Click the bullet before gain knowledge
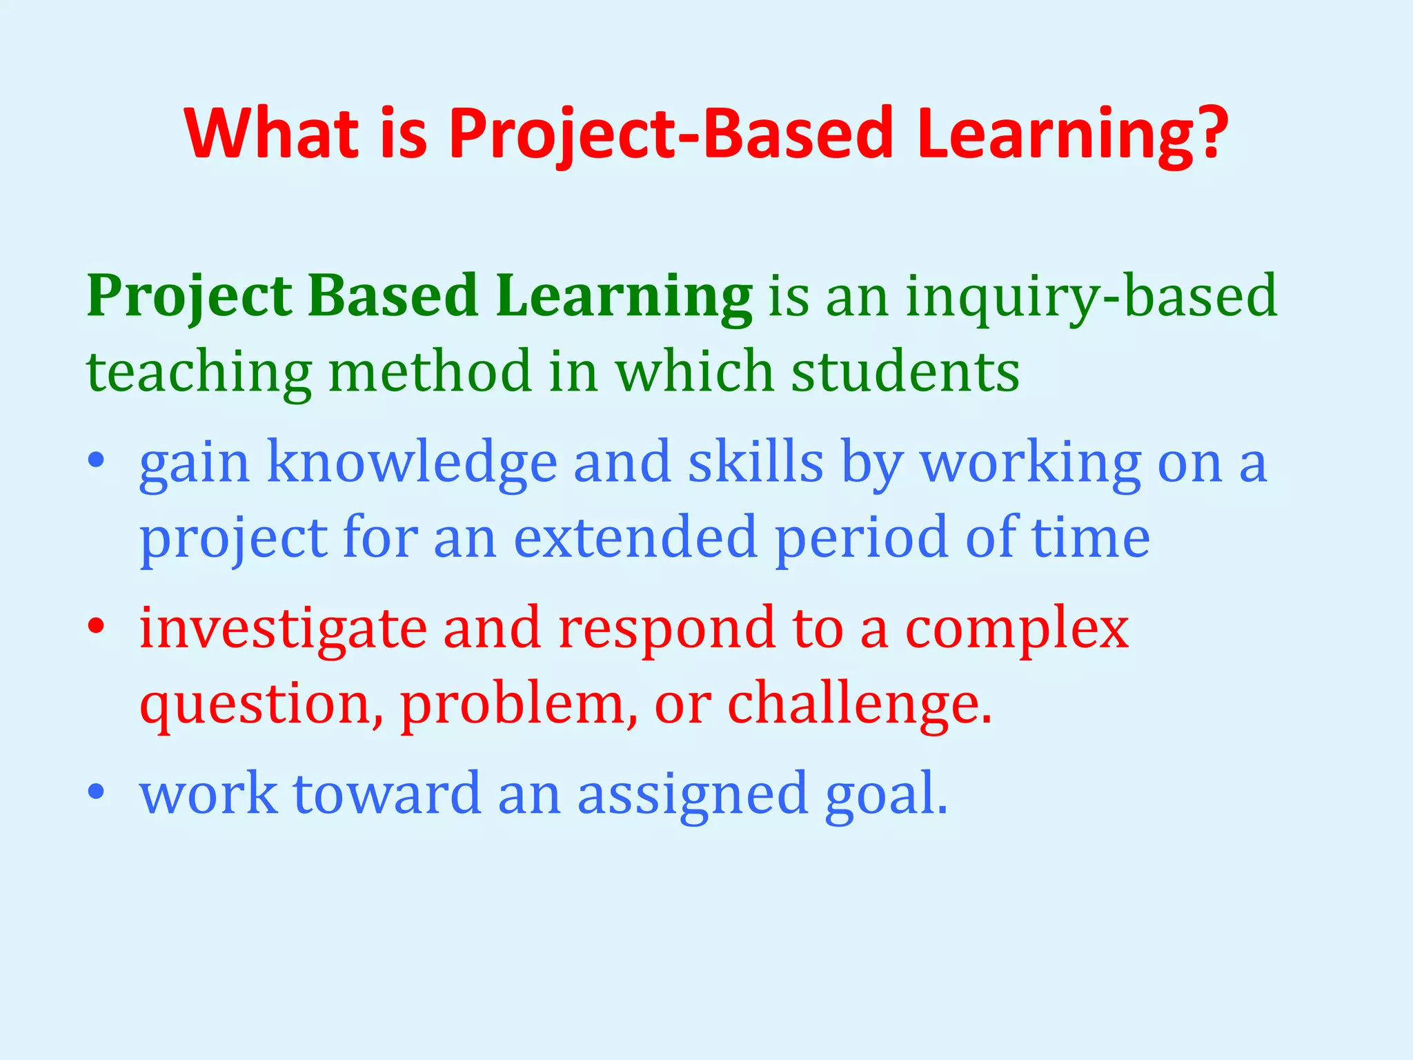coord(96,460)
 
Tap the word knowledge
coord(412,462)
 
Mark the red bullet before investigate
coord(96,626)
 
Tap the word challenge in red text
coord(852,704)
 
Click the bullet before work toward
coord(96,792)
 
